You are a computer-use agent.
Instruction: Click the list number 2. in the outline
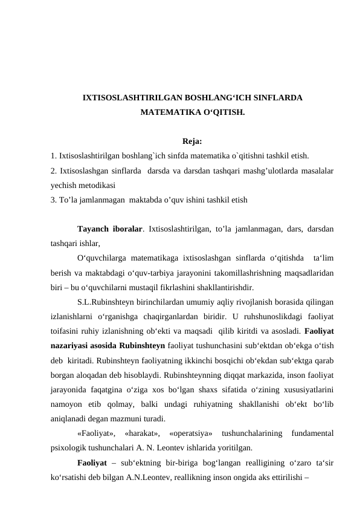click(54, 171)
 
